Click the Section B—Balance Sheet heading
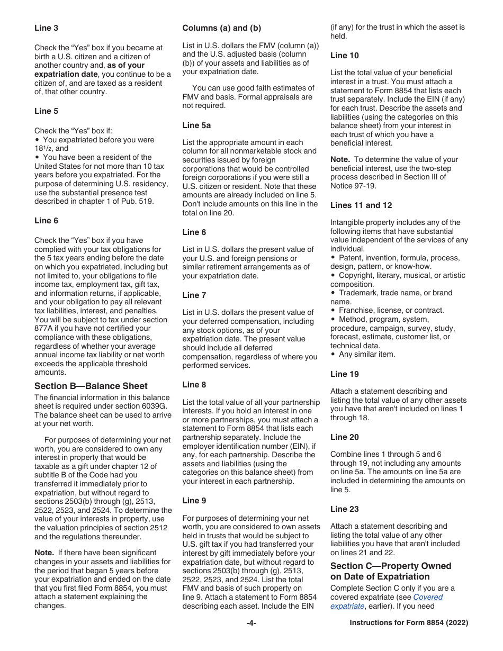pyautogui.click(x=91, y=386)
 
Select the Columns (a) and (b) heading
pyautogui.click(x=222, y=28)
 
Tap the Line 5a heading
pyautogui.click(x=196, y=125)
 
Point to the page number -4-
pyautogui.click(x=251, y=623)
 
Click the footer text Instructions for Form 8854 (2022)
pyautogui.click(x=409, y=623)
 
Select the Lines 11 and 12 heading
pyautogui.click(x=361, y=205)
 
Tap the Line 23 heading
pyautogui.click(x=344, y=509)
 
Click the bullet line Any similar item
pyautogui.click(x=366, y=354)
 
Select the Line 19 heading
pyautogui.click(x=344, y=374)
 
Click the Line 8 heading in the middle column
pyautogui.click(x=194, y=385)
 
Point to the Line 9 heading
pyautogui.click(x=194, y=501)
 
